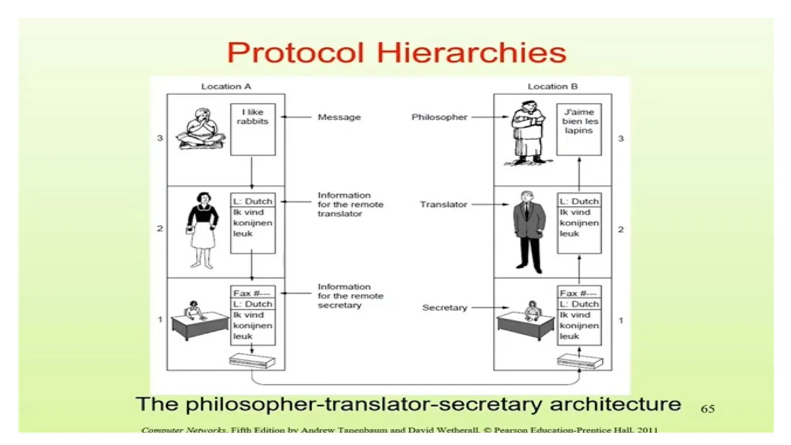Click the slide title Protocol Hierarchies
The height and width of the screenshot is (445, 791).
pos(396,53)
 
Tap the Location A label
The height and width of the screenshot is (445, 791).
pos(226,87)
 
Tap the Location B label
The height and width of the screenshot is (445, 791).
pos(552,87)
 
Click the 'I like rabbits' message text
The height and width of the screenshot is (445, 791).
pos(253,117)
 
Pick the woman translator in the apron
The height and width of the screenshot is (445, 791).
pos(202,229)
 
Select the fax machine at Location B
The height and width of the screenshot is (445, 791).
pos(579,362)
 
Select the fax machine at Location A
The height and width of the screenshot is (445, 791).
pos(252,361)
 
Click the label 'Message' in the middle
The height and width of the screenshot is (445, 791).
pos(339,117)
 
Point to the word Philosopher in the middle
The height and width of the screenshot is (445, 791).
pos(439,117)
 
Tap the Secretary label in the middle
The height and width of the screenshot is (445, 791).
pos(445,308)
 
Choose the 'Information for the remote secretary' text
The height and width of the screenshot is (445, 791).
pos(350,296)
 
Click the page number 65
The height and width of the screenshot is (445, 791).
pos(708,409)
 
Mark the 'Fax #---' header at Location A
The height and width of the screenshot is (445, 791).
pos(252,293)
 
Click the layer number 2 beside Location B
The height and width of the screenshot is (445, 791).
pos(621,229)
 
